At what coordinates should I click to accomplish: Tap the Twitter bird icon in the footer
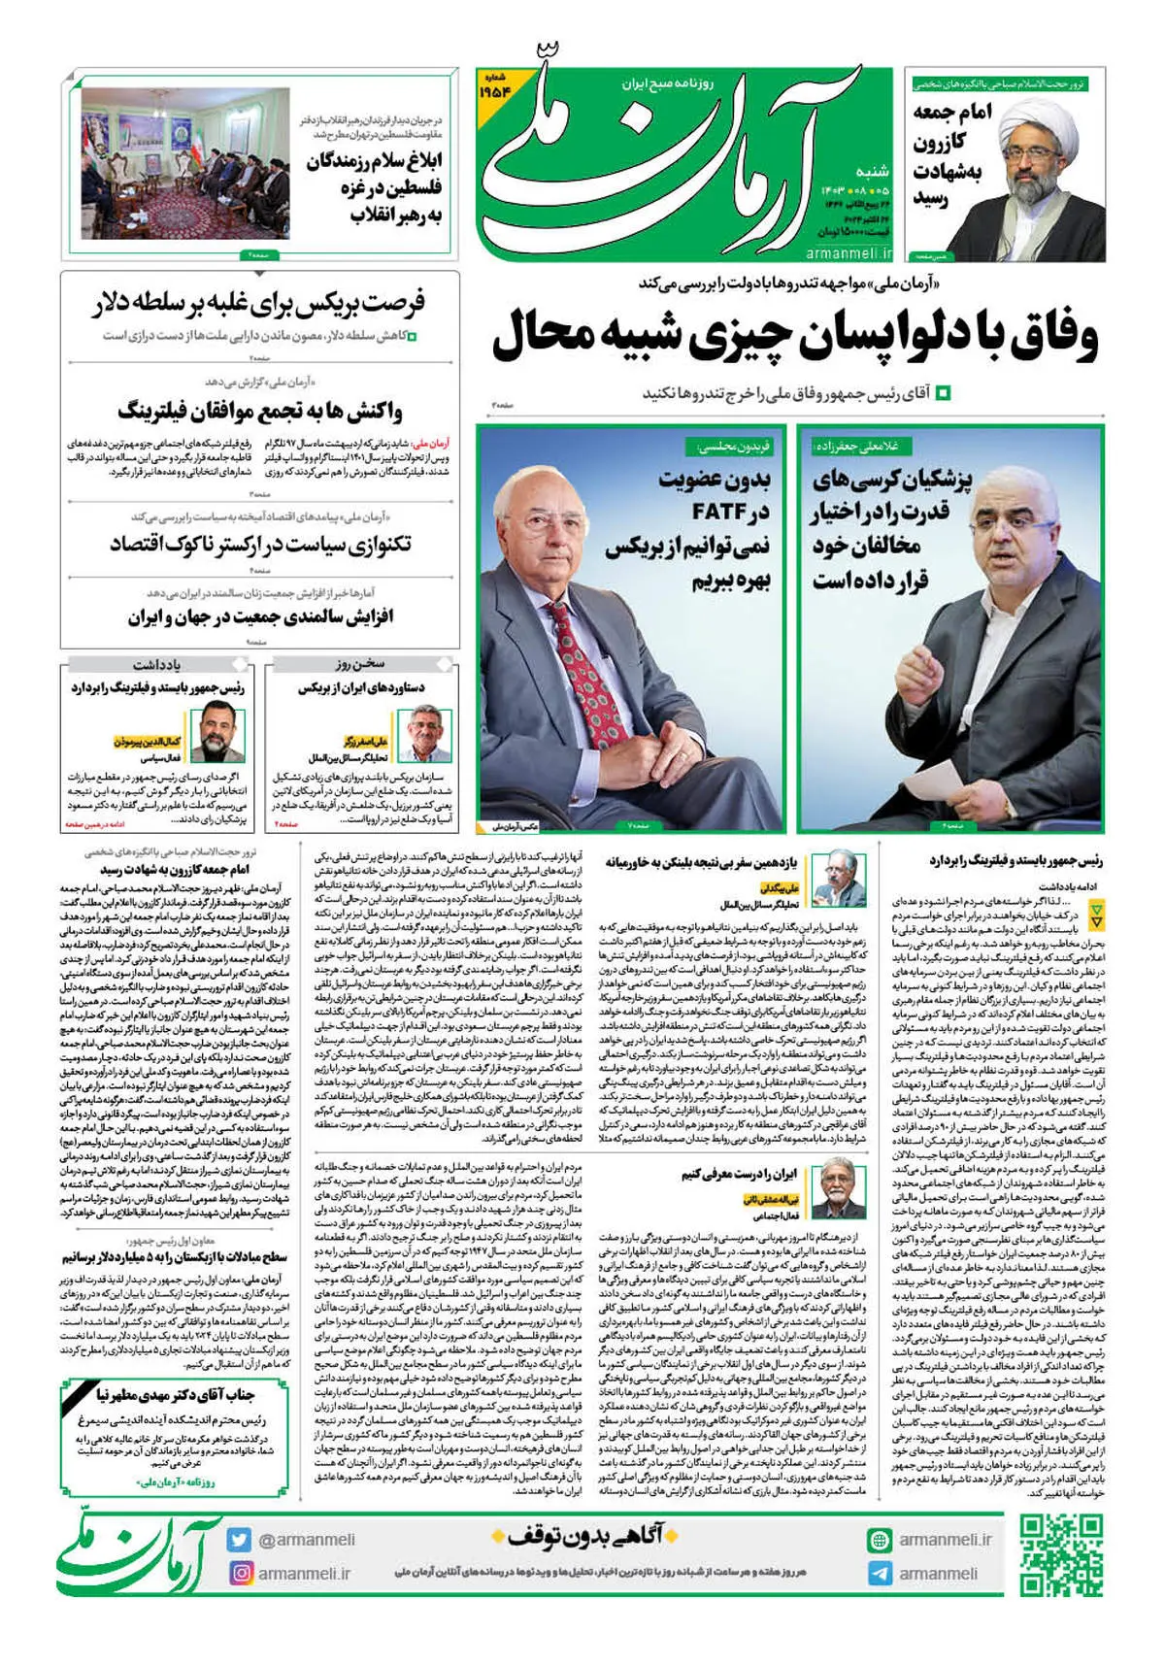click(x=240, y=1540)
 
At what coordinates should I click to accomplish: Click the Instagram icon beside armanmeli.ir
click(x=240, y=1573)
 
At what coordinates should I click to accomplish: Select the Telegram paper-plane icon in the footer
click(x=880, y=1574)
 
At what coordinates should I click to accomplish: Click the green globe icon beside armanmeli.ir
click(x=880, y=1540)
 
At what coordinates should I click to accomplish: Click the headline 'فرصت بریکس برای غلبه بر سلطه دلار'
click(x=260, y=304)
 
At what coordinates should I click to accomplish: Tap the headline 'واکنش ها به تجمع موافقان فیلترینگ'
click(x=259, y=412)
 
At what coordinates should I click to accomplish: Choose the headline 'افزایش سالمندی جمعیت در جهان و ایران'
click(x=259, y=617)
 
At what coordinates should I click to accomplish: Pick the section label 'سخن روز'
click(x=361, y=664)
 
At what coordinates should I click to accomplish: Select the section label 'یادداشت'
click(x=156, y=665)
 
